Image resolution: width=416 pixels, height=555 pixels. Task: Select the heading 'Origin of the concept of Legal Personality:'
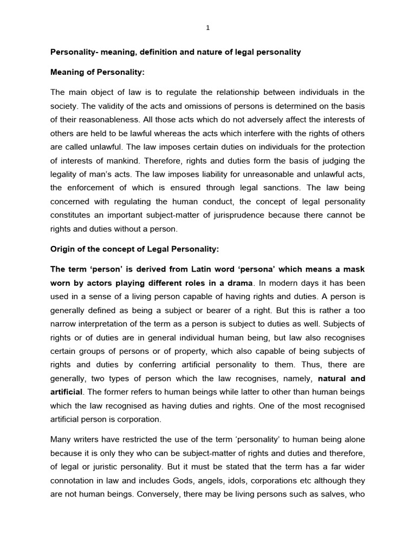click(x=134, y=249)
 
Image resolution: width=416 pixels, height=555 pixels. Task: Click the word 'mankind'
click(x=122, y=161)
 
